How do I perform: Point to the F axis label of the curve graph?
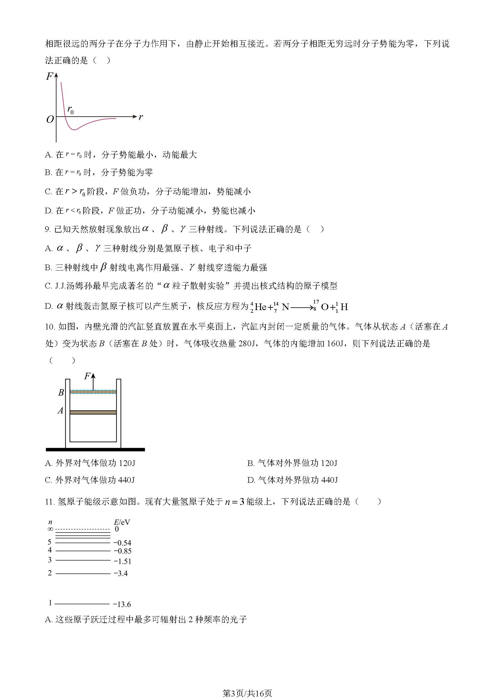[x=49, y=76]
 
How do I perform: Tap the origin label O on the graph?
[x=50, y=119]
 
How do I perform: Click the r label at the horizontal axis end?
[x=141, y=117]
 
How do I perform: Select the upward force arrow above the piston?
[x=93, y=381]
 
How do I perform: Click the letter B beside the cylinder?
[x=61, y=393]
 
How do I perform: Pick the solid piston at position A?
[x=93, y=412]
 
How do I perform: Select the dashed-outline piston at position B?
[x=93, y=392]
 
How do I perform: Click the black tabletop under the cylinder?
[x=95, y=450]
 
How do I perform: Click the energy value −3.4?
[x=121, y=573]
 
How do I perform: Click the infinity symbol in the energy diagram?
[x=50, y=529]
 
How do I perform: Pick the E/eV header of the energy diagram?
[x=122, y=522]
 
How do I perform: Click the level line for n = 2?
[x=83, y=574]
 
